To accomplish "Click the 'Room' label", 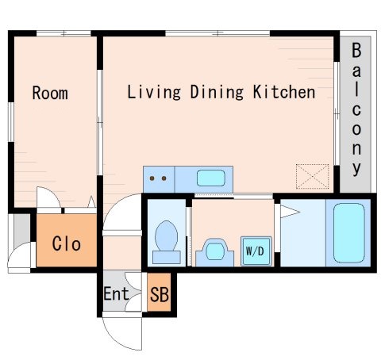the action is (50, 93).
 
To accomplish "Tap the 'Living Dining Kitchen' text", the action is (221, 92).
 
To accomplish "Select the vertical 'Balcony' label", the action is (356, 109).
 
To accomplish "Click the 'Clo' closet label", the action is (67, 243).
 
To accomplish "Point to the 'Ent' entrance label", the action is (116, 293).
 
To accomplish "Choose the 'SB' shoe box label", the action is (160, 294).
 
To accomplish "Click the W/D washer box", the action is (256, 251).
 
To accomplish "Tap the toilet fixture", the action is (167, 243).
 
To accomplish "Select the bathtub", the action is (349, 233).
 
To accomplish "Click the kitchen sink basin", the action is (211, 178).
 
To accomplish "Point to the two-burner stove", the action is (159, 179).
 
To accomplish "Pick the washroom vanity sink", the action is (215, 252).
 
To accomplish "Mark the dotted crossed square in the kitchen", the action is (312, 177).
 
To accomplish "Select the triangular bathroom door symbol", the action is (290, 212).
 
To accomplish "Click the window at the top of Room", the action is (63, 33).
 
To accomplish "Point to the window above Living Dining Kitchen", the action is (217, 33).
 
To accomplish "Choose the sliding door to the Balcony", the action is (337, 113).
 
